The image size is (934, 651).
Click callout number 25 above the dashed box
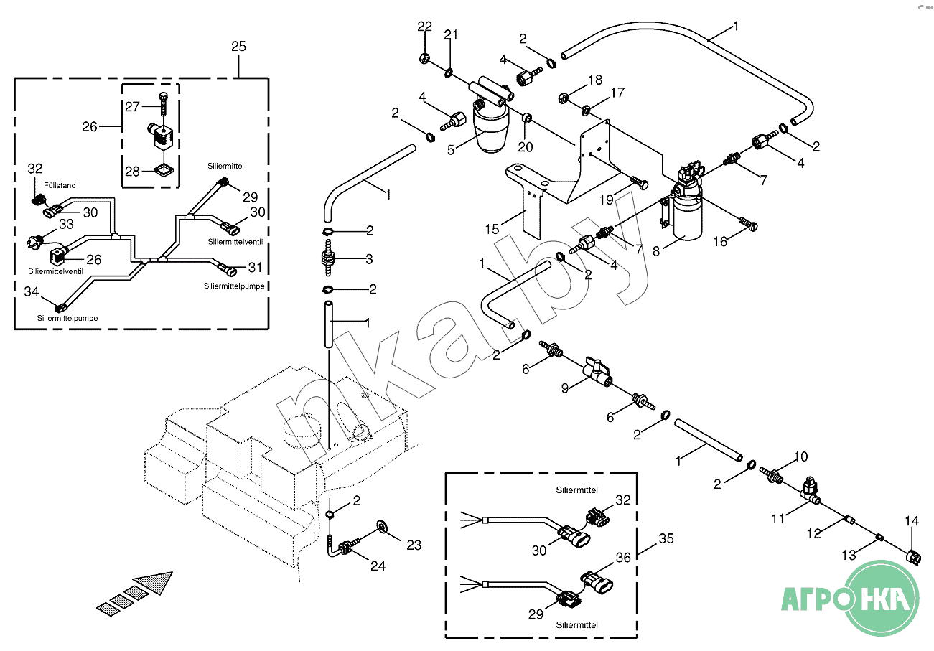pos(238,46)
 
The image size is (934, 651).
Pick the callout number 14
pos(911,522)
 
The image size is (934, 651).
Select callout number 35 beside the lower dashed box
pos(666,538)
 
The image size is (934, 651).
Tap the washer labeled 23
pos(381,529)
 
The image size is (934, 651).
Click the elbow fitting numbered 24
pos(341,548)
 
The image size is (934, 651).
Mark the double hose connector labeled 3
pos(328,259)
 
